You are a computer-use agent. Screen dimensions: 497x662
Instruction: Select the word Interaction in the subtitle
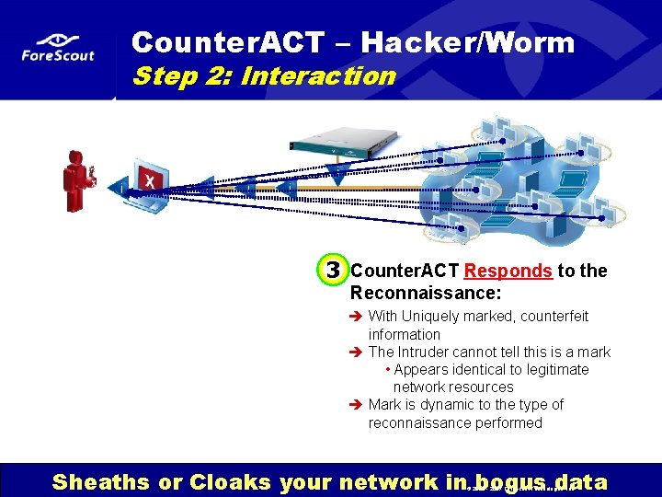pyautogui.click(x=317, y=75)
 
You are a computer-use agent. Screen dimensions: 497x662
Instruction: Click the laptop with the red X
pyautogui.click(x=146, y=188)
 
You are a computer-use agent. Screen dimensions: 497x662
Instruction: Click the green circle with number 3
pyautogui.click(x=333, y=271)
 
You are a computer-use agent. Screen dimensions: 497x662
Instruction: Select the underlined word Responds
pyautogui.click(x=508, y=271)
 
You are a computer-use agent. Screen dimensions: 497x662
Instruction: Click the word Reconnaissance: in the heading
pyautogui.click(x=425, y=293)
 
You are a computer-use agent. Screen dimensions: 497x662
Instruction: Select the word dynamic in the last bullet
pyautogui.click(x=452, y=404)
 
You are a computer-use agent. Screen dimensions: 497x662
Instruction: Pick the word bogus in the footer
pyautogui.click(x=507, y=481)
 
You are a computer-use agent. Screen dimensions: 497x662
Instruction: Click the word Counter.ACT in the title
pyautogui.click(x=228, y=42)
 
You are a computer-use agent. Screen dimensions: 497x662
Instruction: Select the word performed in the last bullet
pyautogui.click(x=503, y=422)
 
